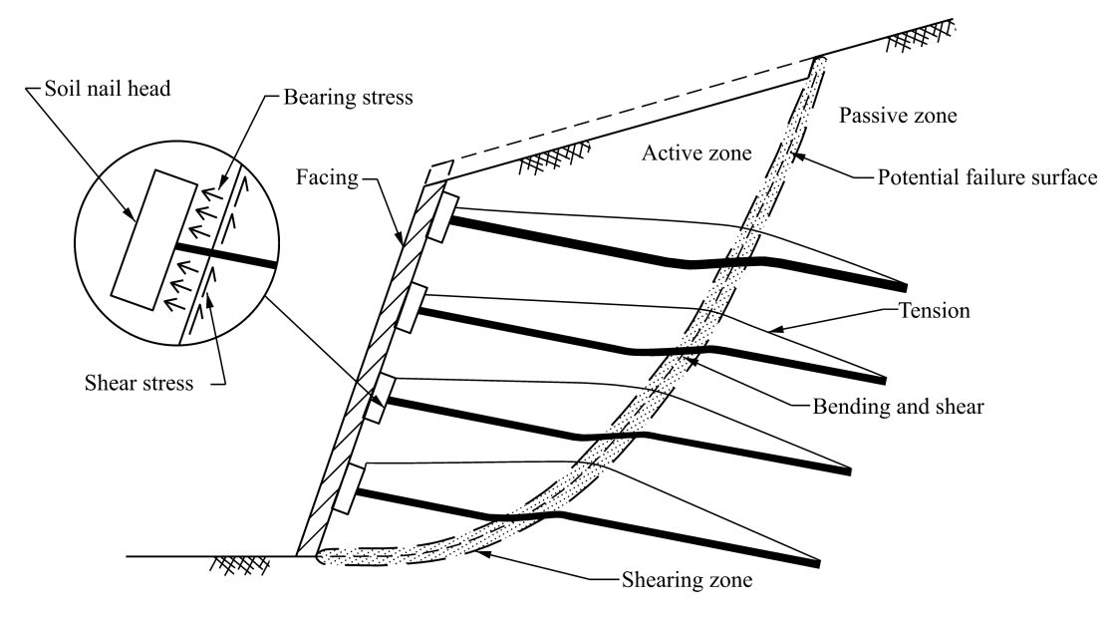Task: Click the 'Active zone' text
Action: pos(695,153)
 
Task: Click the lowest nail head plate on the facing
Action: pos(345,488)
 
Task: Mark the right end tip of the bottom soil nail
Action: pos(818,565)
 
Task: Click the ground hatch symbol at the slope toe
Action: pos(234,564)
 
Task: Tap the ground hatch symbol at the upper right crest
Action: pos(915,38)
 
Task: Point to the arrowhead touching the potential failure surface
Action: pos(797,156)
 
